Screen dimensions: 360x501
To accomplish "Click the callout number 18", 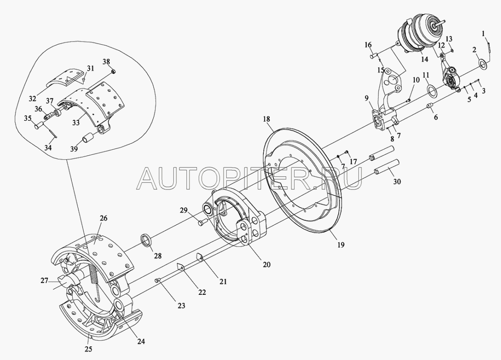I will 267,119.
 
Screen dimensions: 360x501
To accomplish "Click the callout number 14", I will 425,60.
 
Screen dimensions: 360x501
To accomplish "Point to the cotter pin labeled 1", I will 487,44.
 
